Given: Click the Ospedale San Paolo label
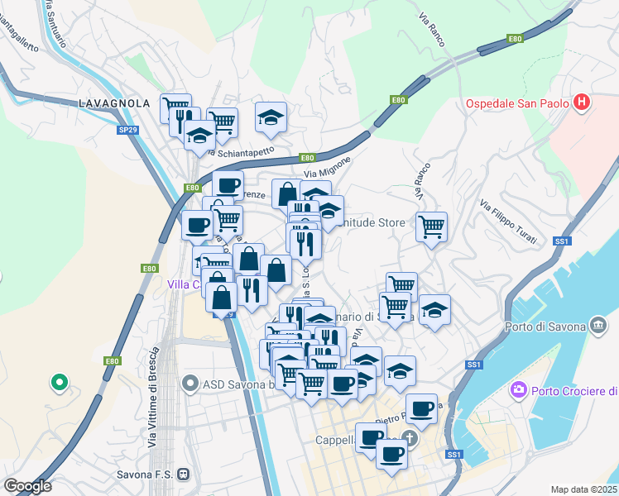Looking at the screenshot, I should point(516,103).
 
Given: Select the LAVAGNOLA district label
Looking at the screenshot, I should point(114,103).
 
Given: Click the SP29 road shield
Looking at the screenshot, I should point(127,130).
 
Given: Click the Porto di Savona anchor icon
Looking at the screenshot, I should point(597,326).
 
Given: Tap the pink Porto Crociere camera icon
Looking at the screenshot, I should point(519,389).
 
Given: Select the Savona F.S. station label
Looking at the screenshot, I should point(146,475).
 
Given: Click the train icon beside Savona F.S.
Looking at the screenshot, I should point(184,475).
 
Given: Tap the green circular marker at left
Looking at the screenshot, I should point(59,382).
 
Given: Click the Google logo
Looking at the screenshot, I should point(27,485).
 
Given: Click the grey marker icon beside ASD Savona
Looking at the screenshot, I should point(190,383).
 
